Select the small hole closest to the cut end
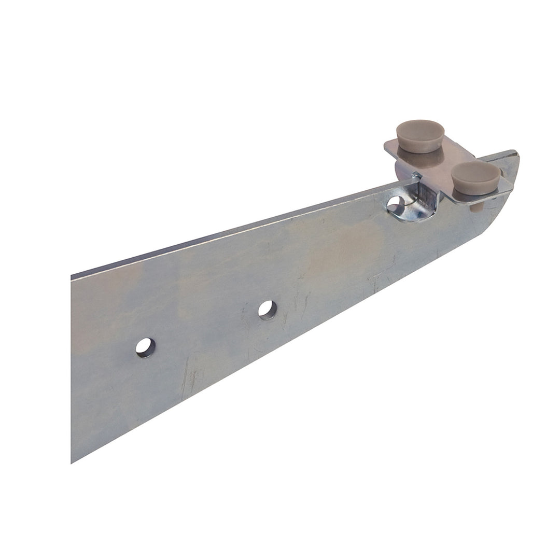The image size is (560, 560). [x=145, y=346]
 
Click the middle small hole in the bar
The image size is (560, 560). [x=268, y=309]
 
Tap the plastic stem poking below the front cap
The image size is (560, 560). [x=474, y=207]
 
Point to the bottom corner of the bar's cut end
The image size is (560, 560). [x=73, y=461]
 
